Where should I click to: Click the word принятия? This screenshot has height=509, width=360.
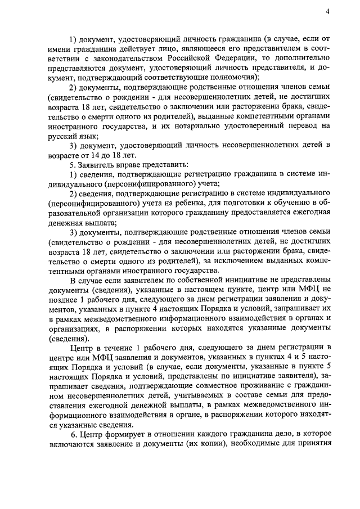pyautogui.click(x=313, y=446)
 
